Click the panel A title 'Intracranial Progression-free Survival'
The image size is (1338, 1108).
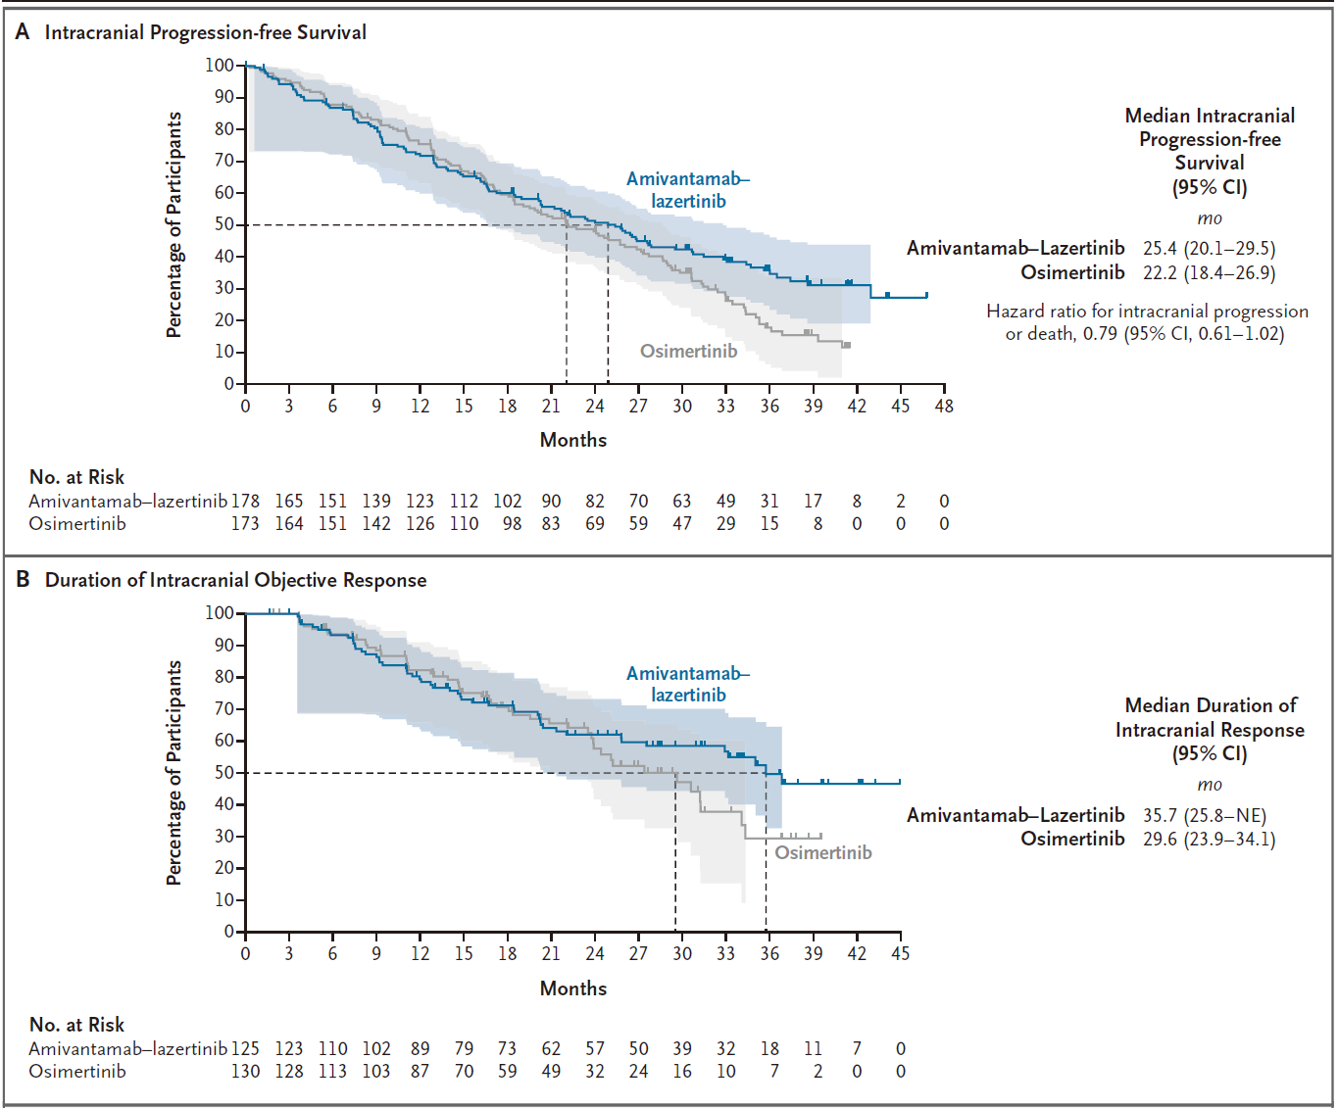205,32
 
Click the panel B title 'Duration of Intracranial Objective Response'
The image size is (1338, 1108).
235,580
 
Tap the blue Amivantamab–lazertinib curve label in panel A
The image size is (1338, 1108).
688,190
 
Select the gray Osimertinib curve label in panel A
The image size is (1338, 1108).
688,351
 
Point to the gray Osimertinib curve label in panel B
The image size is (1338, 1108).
822,852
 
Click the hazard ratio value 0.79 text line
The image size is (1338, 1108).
1144,334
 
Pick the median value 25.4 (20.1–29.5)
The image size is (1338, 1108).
1209,248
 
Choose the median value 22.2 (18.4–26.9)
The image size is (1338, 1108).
1209,272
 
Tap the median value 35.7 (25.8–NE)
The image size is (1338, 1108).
1204,815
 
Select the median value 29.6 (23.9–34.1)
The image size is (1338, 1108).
1209,839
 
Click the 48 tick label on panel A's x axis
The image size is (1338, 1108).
944,406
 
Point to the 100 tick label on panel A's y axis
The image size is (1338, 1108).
220,66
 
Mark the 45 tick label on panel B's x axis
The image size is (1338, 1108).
900,953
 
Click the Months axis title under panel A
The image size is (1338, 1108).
573,440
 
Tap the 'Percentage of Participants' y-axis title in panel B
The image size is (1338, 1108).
174,772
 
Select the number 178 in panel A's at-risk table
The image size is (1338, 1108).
245,501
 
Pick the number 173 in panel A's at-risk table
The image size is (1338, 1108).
245,523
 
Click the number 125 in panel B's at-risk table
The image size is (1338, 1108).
245,1048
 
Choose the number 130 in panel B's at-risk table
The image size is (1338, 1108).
245,1071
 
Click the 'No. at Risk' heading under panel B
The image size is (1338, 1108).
76,1025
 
